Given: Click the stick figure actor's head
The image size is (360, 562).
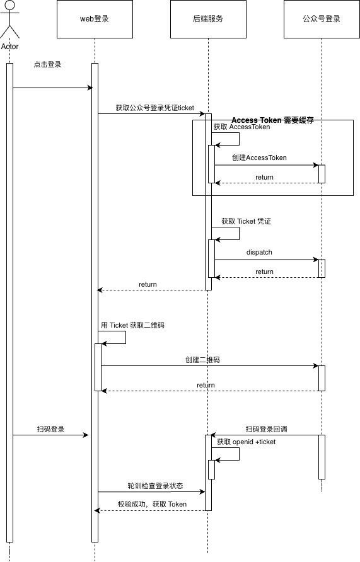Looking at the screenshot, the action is pos(9,6).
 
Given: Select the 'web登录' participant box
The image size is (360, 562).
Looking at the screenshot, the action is pos(95,19).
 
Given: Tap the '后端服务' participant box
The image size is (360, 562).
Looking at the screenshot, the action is pos(208,19).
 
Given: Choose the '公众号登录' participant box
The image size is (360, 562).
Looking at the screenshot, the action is pos(322,19).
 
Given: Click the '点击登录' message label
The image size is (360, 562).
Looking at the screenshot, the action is pos(47,64).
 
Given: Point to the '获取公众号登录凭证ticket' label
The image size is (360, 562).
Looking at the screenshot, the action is pos(155,108).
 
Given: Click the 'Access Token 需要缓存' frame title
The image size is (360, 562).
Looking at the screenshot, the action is pos(273,120).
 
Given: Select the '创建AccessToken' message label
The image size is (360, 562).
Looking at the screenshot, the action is pos(259,158).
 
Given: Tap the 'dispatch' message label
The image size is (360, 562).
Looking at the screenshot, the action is pos(259,252).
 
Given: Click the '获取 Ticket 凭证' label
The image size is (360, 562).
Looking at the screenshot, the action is pos(247,222).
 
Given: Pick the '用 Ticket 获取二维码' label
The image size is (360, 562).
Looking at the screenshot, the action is pos(132,326).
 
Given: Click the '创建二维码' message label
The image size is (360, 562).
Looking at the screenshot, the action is pos(202,360).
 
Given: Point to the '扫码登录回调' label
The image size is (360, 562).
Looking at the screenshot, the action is pos(267,429).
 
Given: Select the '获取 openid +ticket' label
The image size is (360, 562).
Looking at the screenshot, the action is pos(247,442).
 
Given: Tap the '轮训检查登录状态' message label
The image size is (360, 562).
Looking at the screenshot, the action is pos(155,486).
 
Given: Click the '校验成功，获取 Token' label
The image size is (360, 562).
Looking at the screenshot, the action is pos(153,504).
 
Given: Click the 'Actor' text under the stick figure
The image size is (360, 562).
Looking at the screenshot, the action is pos(9,47).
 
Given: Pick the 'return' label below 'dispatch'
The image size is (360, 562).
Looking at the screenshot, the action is pos(264,272).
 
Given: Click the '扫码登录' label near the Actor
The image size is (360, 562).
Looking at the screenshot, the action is pos(50,429).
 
